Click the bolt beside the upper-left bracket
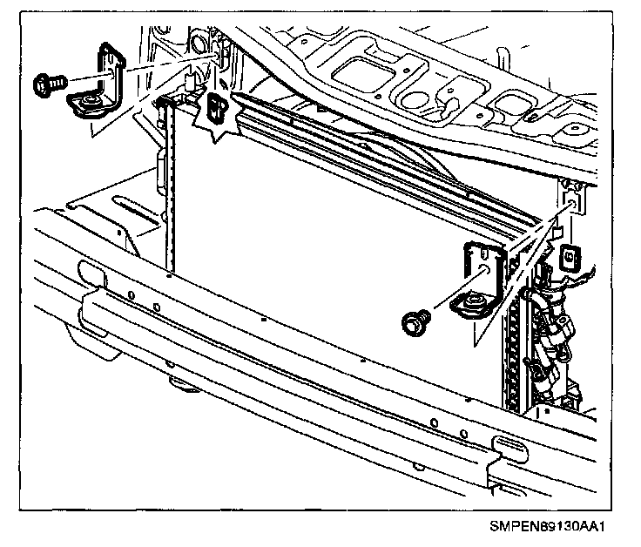click(x=47, y=84)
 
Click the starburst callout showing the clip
click(x=217, y=110)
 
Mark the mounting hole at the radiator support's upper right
click(x=573, y=202)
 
